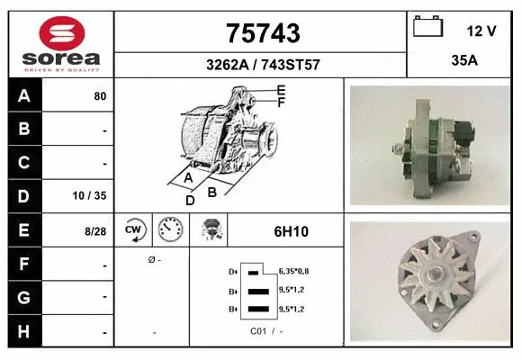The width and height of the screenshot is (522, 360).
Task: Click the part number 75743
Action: point(261,33)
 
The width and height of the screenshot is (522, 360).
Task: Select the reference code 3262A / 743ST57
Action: point(261,65)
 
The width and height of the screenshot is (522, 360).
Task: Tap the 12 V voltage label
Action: point(481,31)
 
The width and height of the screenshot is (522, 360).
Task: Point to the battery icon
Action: point(428,28)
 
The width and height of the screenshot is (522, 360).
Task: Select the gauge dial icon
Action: point(169,230)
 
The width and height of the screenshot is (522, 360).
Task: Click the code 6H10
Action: point(292,231)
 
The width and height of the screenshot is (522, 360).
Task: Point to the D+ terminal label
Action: point(234,270)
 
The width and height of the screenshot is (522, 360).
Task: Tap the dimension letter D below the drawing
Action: point(190,200)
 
